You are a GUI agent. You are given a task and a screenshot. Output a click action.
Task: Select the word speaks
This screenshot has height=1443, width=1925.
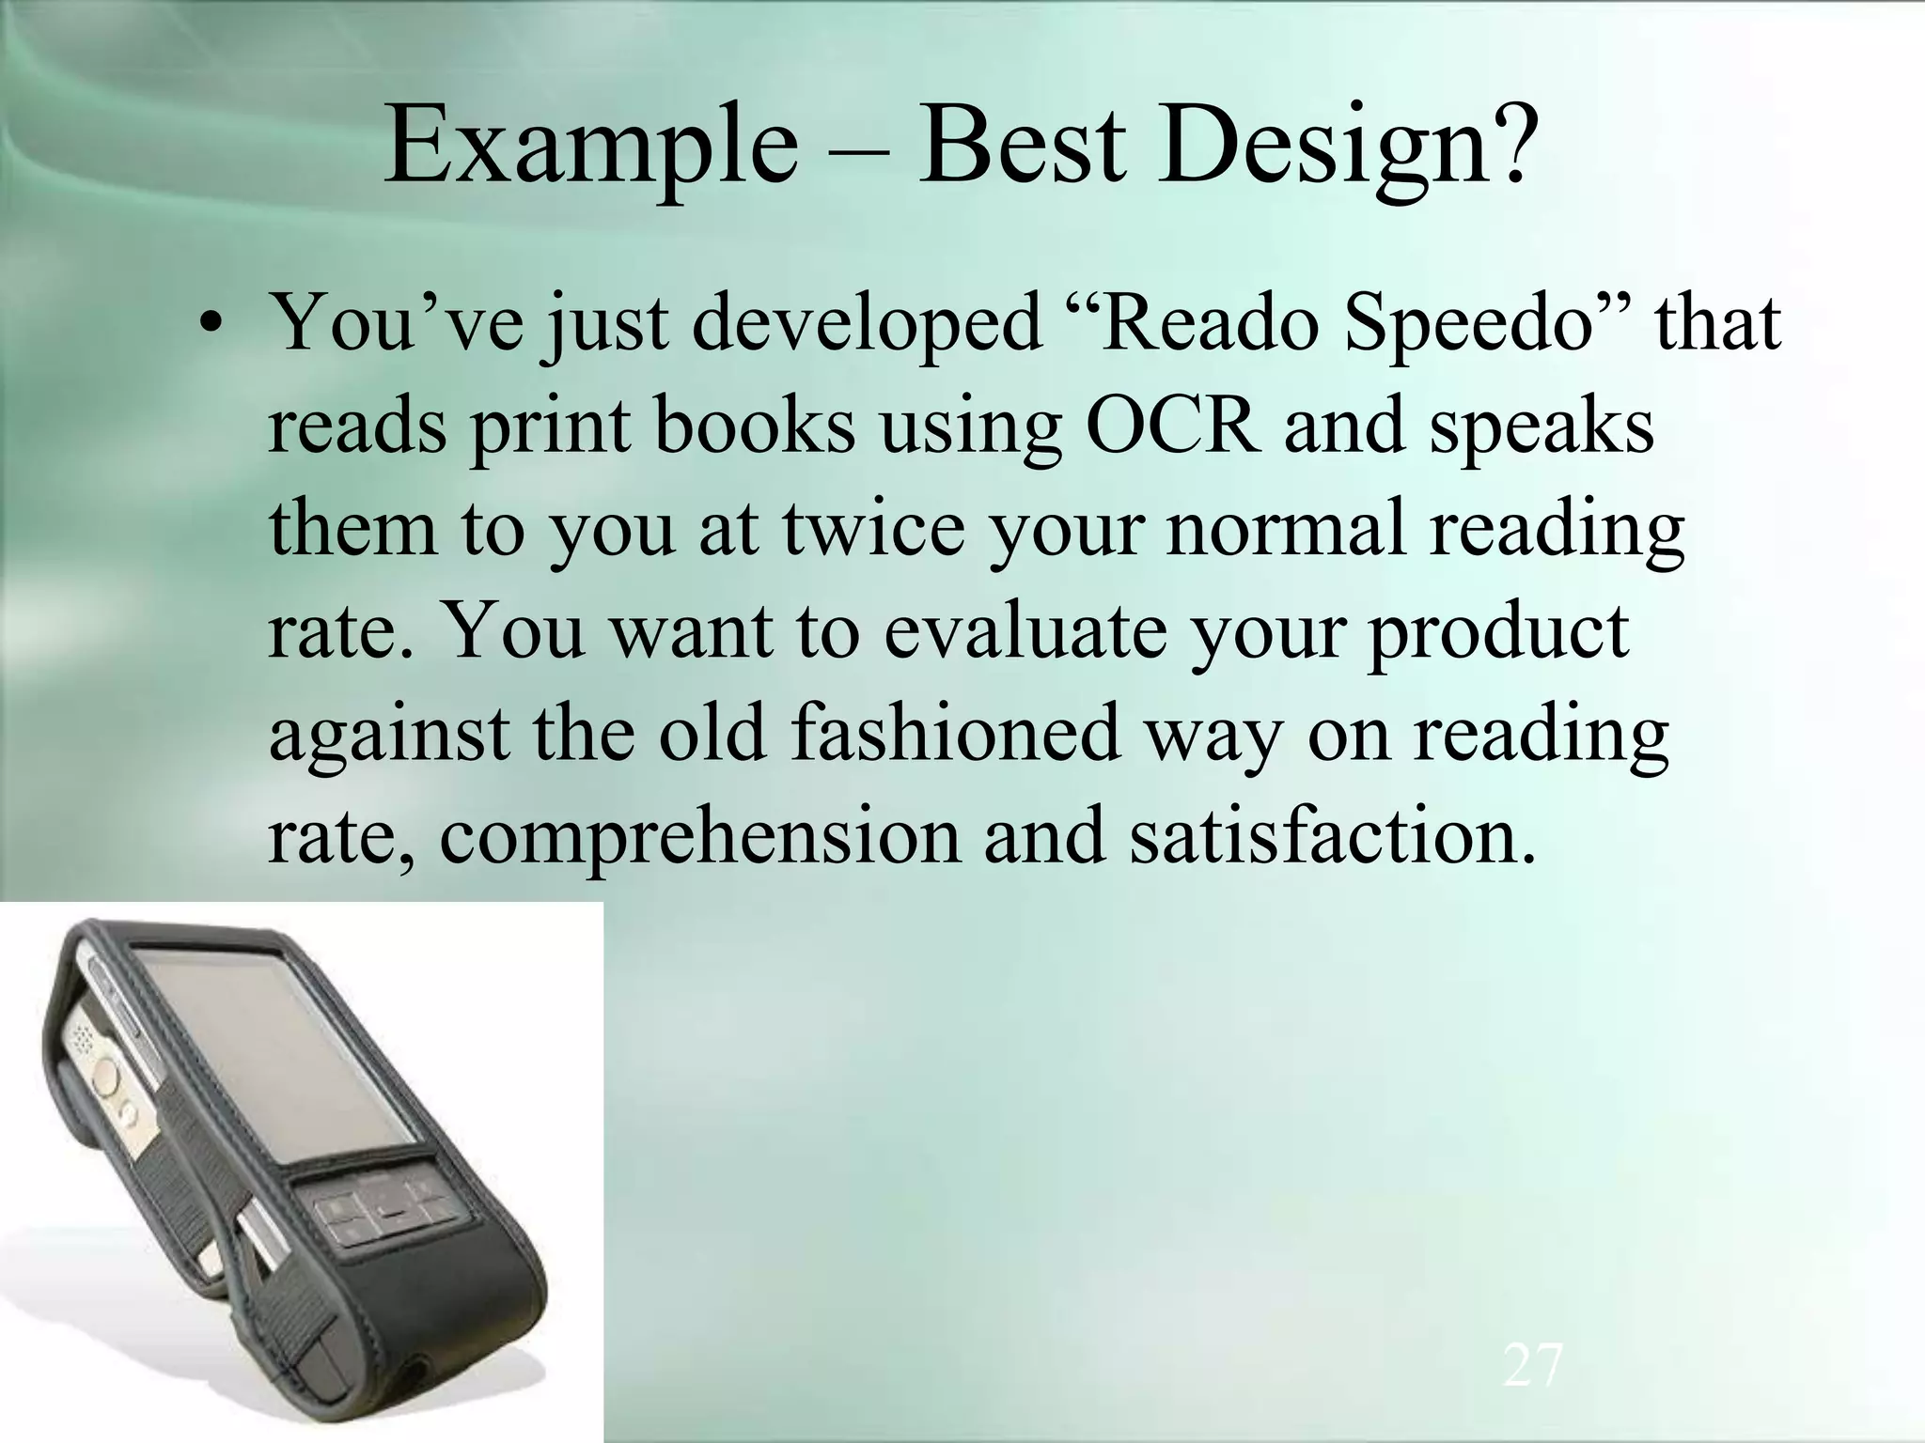point(1542,425)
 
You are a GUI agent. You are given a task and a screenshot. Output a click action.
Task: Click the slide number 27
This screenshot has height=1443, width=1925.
point(1532,1366)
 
